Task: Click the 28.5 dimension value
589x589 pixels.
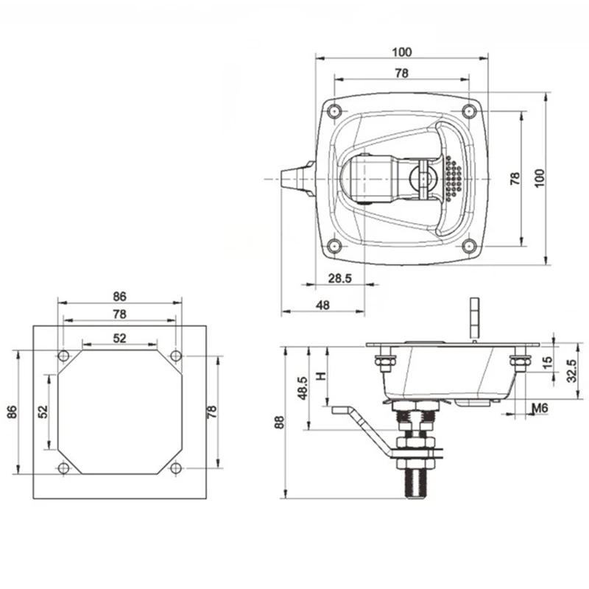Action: coord(339,278)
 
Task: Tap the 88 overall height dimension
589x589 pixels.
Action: coord(279,422)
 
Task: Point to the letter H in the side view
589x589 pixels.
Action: coord(320,375)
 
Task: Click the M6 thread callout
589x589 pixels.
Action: coord(540,409)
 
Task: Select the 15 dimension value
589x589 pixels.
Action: coord(546,363)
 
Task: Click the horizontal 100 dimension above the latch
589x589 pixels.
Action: coord(401,52)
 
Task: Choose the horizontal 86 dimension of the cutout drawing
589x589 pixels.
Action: coord(120,296)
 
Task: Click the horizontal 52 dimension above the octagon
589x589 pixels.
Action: coord(120,338)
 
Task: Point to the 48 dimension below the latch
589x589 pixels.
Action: coord(322,305)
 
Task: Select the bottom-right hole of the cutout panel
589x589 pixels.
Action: coord(175,468)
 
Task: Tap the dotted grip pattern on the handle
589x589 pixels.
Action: coord(452,179)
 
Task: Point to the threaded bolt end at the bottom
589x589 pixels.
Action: coord(415,484)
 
